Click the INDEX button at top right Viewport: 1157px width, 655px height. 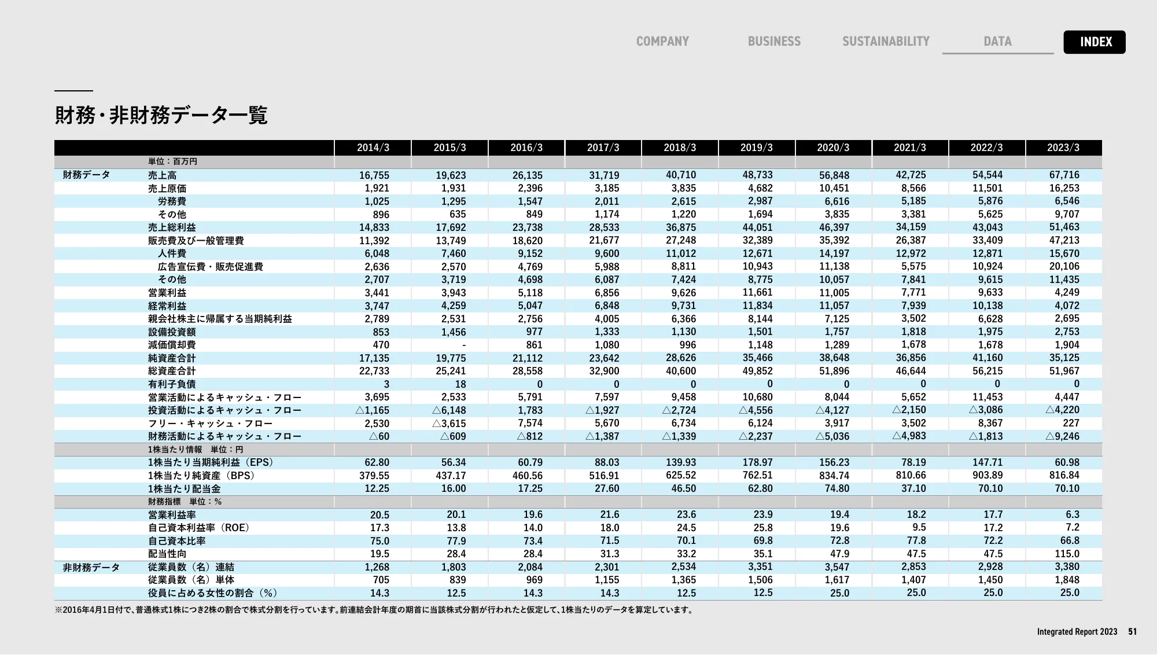click(1094, 42)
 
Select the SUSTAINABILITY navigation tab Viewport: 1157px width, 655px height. click(886, 42)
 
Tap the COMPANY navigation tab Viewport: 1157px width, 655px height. click(662, 42)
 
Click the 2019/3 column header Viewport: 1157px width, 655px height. click(756, 148)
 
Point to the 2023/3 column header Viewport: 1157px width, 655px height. click(1063, 148)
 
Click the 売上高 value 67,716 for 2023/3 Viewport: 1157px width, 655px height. click(1064, 175)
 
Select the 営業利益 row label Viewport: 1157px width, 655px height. click(167, 293)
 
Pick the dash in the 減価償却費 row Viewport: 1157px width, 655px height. click(464, 345)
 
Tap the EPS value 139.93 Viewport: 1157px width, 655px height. click(681, 462)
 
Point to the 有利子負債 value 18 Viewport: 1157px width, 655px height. click(460, 384)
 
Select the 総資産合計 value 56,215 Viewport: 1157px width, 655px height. click(987, 371)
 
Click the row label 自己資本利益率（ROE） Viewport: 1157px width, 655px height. click(198, 528)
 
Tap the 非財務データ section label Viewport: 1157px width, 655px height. click(91, 567)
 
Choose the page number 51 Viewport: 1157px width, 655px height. click(1132, 632)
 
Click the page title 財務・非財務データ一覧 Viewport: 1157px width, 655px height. click(161, 115)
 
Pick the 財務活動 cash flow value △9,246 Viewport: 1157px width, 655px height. click(1062, 436)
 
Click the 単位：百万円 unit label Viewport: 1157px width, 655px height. click(172, 161)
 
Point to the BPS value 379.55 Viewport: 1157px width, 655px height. click(374, 476)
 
